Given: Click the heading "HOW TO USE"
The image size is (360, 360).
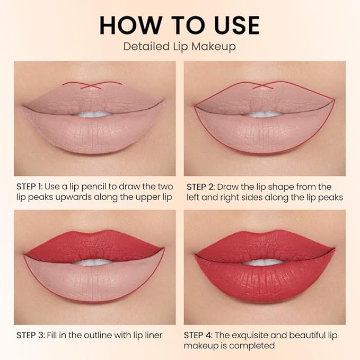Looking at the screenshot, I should [x=180, y=25].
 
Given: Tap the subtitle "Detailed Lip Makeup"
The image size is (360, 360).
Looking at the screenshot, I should [x=180, y=46].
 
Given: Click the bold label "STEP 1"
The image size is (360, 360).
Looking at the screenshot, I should [x=30, y=187].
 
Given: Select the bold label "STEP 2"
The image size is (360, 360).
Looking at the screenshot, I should [x=200, y=187].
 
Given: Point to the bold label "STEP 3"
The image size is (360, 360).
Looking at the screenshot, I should [x=30, y=335].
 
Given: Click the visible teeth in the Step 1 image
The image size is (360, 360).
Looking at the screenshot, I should [x=94, y=113].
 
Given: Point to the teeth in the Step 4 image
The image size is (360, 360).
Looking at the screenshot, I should [x=264, y=262].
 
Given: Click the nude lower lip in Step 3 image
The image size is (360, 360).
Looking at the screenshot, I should [x=94, y=281].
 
